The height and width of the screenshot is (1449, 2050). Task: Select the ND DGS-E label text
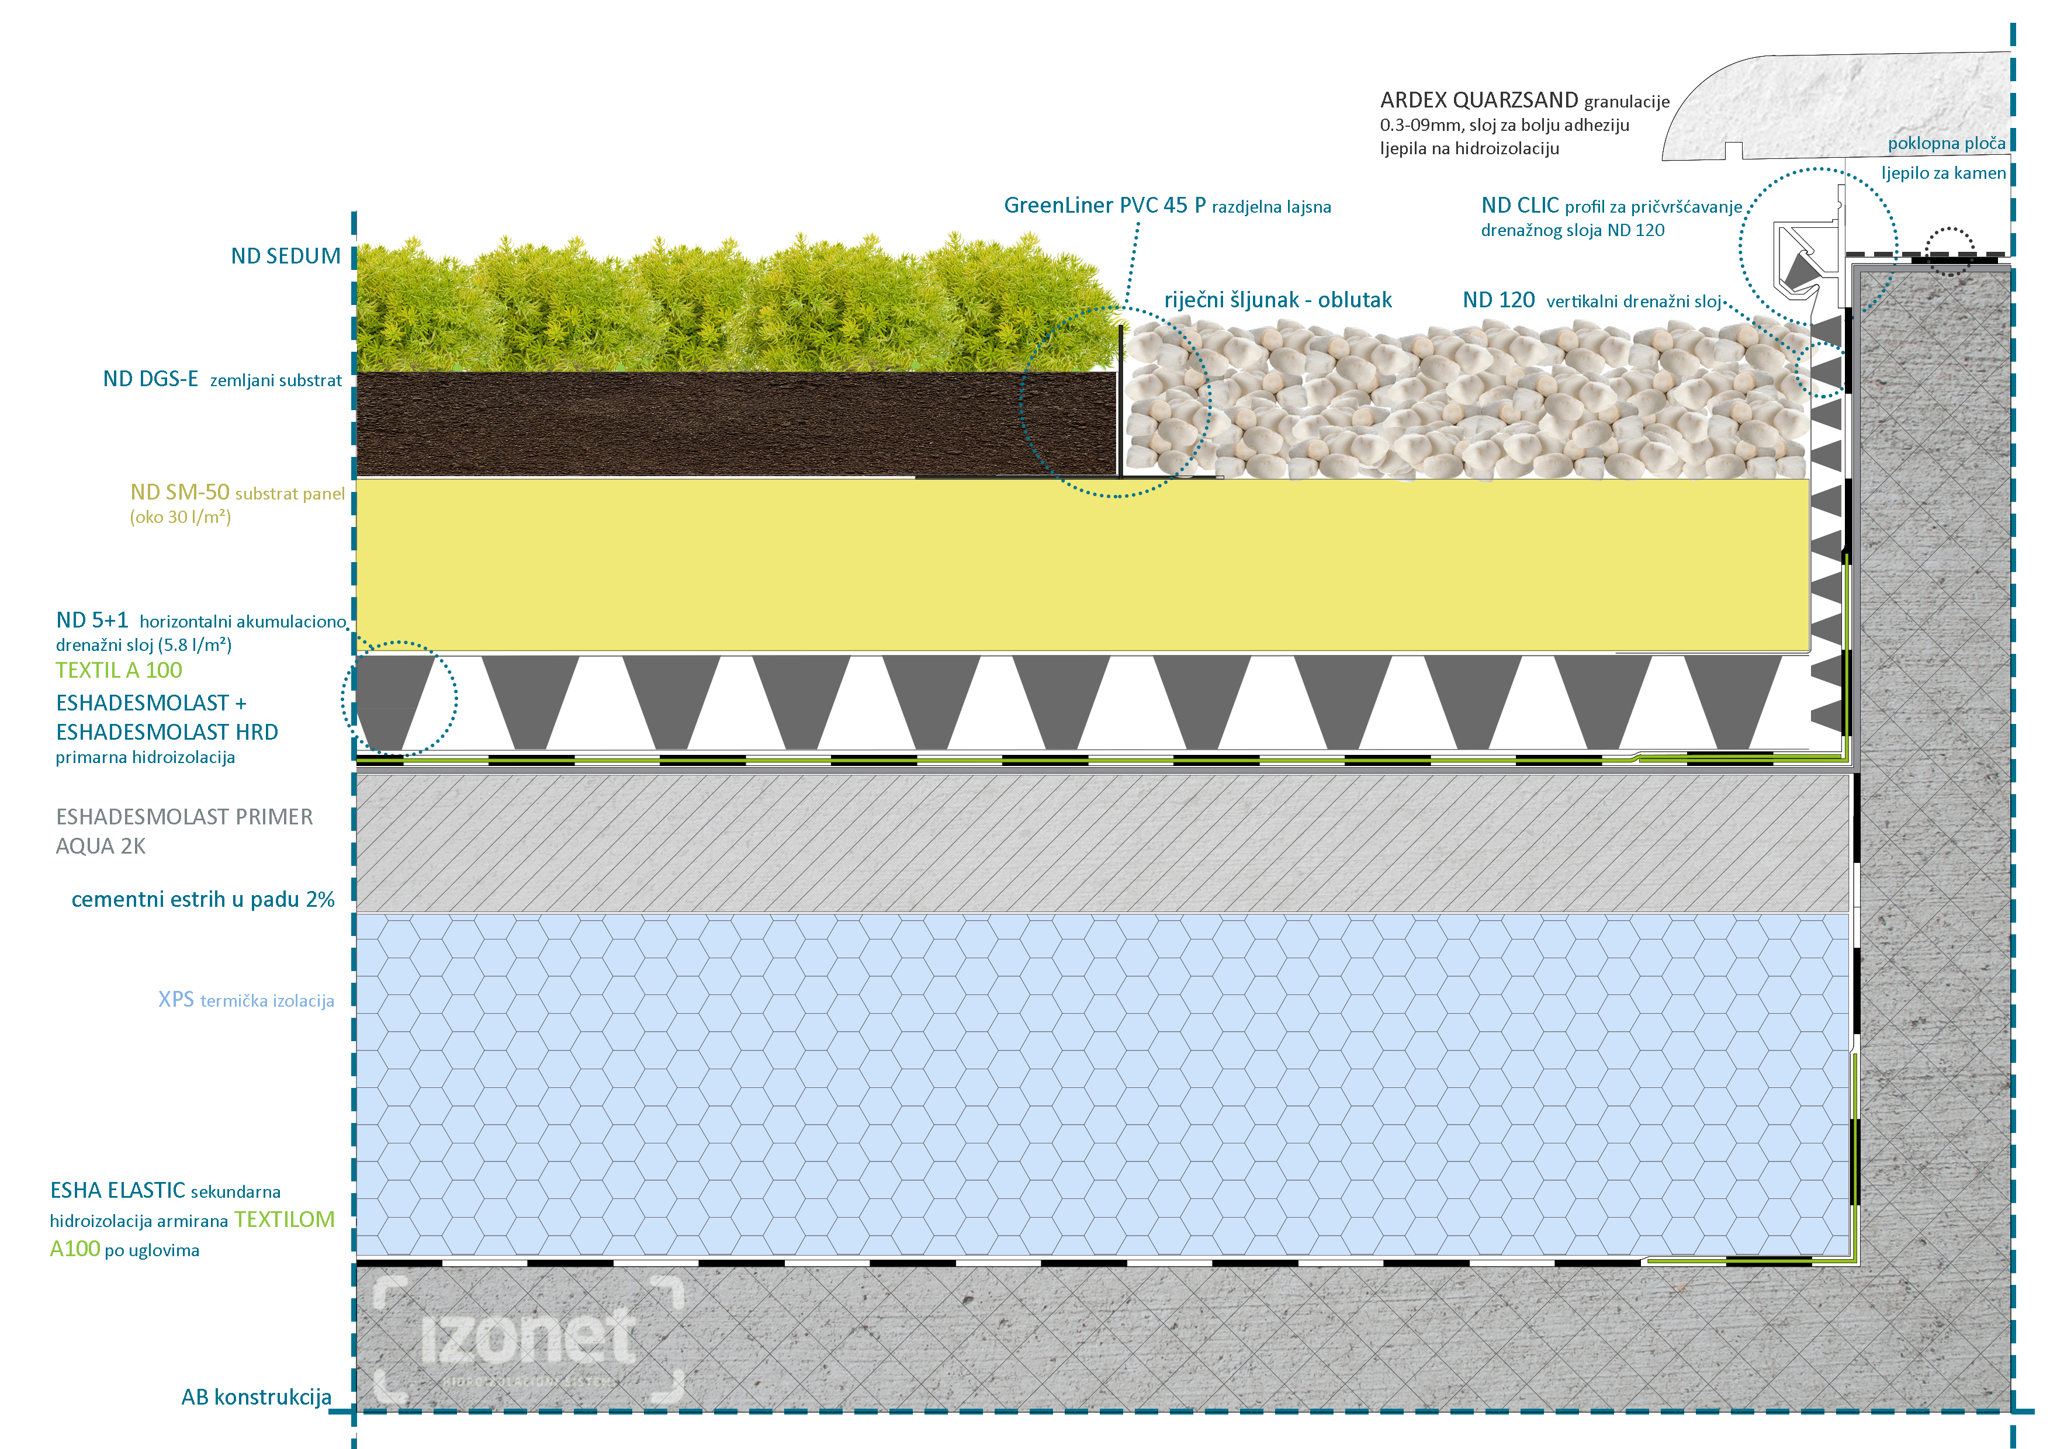150,379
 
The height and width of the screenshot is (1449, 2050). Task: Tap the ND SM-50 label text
179,493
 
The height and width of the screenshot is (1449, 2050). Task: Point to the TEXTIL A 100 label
119,671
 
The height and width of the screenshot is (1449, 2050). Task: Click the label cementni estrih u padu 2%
203,899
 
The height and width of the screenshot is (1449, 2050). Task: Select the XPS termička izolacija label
245,1000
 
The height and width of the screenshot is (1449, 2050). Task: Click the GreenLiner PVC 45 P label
1104,205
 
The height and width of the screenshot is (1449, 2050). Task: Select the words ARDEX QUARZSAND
1478,100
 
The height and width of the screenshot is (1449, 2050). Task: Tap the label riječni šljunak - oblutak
1277,300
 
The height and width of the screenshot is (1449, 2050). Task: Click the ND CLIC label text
1519,205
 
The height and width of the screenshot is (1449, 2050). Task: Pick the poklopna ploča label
1947,143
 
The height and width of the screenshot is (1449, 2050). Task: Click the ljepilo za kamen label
1943,173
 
